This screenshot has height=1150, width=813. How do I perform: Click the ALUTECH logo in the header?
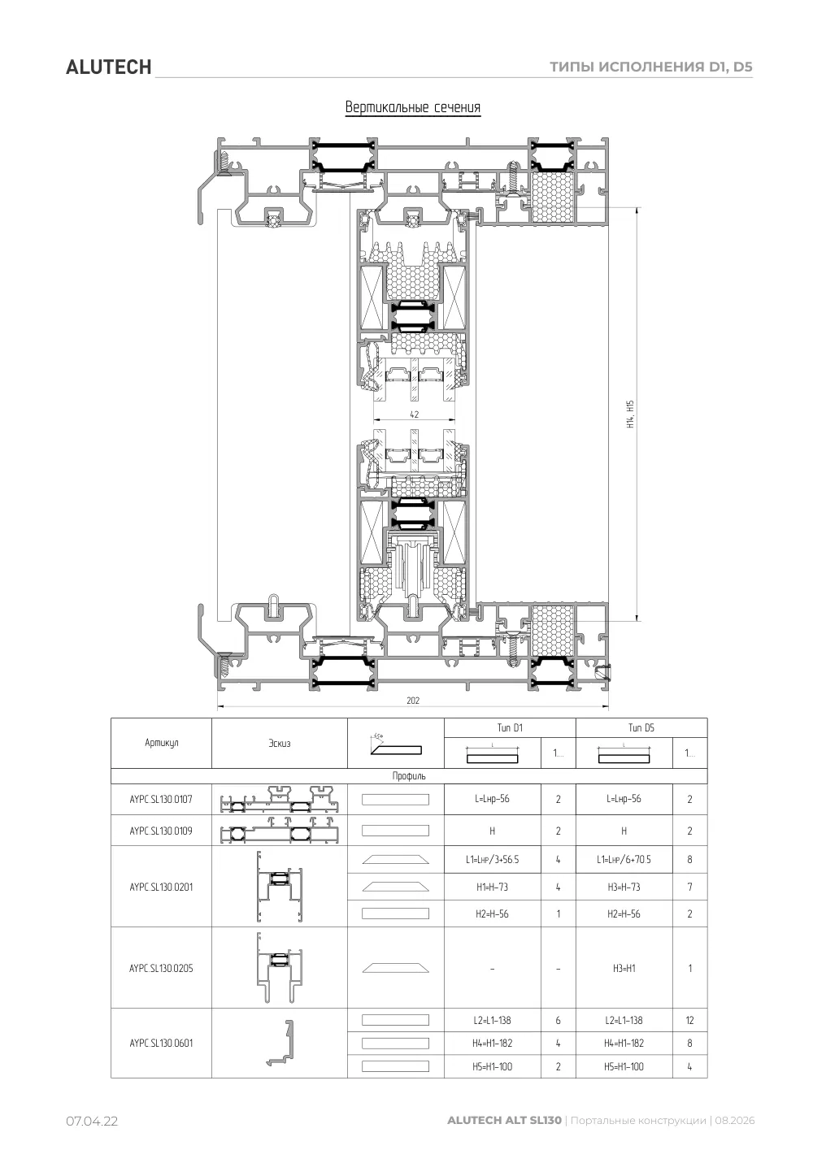(x=108, y=67)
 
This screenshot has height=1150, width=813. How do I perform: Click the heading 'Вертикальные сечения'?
(x=413, y=107)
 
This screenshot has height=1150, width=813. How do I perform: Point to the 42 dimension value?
(x=415, y=414)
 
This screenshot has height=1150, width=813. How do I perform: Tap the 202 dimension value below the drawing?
(x=413, y=701)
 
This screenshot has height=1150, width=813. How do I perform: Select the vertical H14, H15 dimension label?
(x=631, y=414)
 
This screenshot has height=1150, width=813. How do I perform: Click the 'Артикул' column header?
(x=161, y=743)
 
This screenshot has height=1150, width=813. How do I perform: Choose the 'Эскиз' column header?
(x=280, y=743)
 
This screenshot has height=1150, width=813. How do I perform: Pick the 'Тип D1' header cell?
(x=510, y=727)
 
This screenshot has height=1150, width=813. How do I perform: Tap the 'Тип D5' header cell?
(x=641, y=727)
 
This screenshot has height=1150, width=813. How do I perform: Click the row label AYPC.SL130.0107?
(x=161, y=800)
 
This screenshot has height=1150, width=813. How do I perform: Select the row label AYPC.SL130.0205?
(x=161, y=968)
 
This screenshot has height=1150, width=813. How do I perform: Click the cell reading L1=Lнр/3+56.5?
(x=492, y=859)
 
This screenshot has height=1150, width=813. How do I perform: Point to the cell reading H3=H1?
(x=624, y=968)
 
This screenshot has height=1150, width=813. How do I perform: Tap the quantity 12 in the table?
(x=689, y=1020)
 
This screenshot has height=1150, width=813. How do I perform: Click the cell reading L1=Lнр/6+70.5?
(x=624, y=859)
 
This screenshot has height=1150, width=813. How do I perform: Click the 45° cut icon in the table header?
(x=395, y=745)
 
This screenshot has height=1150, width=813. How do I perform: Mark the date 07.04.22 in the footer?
(x=92, y=1122)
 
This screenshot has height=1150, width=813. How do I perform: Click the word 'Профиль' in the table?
(x=409, y=775)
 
